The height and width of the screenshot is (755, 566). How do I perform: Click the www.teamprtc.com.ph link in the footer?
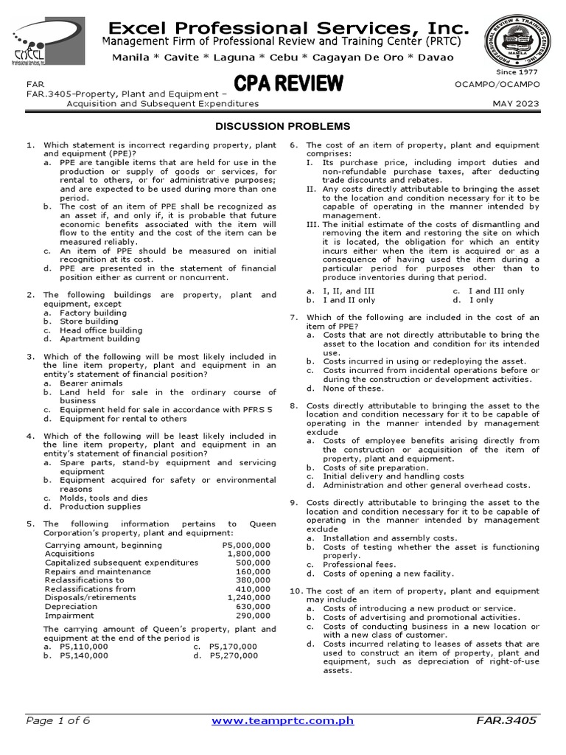tap(283, 721)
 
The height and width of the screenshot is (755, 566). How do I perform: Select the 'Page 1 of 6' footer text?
tap(57, 721)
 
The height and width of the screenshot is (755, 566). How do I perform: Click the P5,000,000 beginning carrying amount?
tap(245, 546)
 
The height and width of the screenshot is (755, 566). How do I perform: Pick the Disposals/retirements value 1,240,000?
tap(248, 598)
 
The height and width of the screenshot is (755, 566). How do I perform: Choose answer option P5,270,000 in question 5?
tap(232, 655)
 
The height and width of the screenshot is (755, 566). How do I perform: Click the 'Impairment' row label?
tap(65, 616)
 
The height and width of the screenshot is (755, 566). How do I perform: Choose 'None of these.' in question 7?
tap(353, 389)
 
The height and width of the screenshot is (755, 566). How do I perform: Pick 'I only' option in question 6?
tap(485, 300)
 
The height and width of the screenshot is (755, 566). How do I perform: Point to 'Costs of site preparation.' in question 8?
tap(376, 467)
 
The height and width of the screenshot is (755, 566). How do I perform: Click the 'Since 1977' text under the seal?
tap(517, 72)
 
